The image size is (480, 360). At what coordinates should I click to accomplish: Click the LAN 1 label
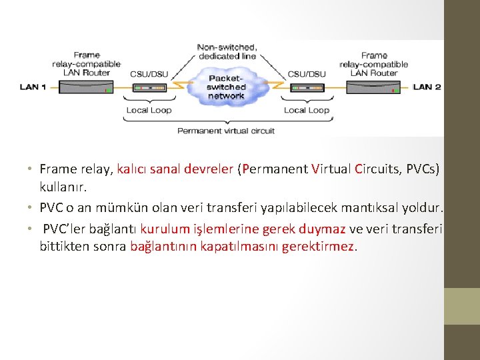(x=33, y=87)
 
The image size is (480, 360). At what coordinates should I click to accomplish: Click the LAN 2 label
(x=427, y=87)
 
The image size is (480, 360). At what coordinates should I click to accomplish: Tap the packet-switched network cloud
(x=227, y=87)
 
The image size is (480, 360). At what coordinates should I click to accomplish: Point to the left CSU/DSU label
(x=149, y=74)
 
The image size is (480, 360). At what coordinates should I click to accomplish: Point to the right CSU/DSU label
(x=306, y=74)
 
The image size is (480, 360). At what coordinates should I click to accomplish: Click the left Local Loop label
(x=149, y=110)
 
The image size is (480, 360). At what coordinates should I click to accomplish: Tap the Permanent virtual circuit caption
(x=226, y=131)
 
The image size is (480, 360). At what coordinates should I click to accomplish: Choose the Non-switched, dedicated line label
(x=227, y=52)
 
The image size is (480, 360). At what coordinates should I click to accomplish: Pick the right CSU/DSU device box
(x=306, y=87)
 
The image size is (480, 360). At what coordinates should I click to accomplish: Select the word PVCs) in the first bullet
(x=421, y=169)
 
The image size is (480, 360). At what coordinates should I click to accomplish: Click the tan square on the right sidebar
(x=462, y=306)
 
